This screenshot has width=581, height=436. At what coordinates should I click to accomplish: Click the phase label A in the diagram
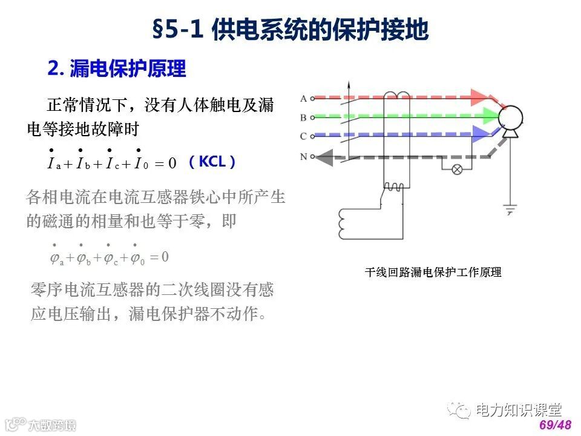coord(304,97)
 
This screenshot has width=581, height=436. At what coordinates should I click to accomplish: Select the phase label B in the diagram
coord(304,117)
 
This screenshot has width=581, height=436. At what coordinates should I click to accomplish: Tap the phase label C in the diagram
coord(304,136)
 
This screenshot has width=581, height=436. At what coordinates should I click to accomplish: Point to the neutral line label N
coord(304,157)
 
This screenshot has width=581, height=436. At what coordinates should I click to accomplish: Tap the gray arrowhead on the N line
coord(324,158)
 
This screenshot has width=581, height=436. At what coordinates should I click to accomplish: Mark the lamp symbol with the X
coord(458,169)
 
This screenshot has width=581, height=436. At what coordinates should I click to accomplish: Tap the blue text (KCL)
coord(211,162)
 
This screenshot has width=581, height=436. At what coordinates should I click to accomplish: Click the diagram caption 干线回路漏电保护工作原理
coord(433,272)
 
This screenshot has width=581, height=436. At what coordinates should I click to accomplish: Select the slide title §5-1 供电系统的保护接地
coord(290,29)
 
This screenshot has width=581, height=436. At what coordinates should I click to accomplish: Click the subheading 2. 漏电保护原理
coord(117,68)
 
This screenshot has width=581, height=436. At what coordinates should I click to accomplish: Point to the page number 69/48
coord(555,425)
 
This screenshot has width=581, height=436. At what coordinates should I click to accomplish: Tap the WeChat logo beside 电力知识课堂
coord(461,411)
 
